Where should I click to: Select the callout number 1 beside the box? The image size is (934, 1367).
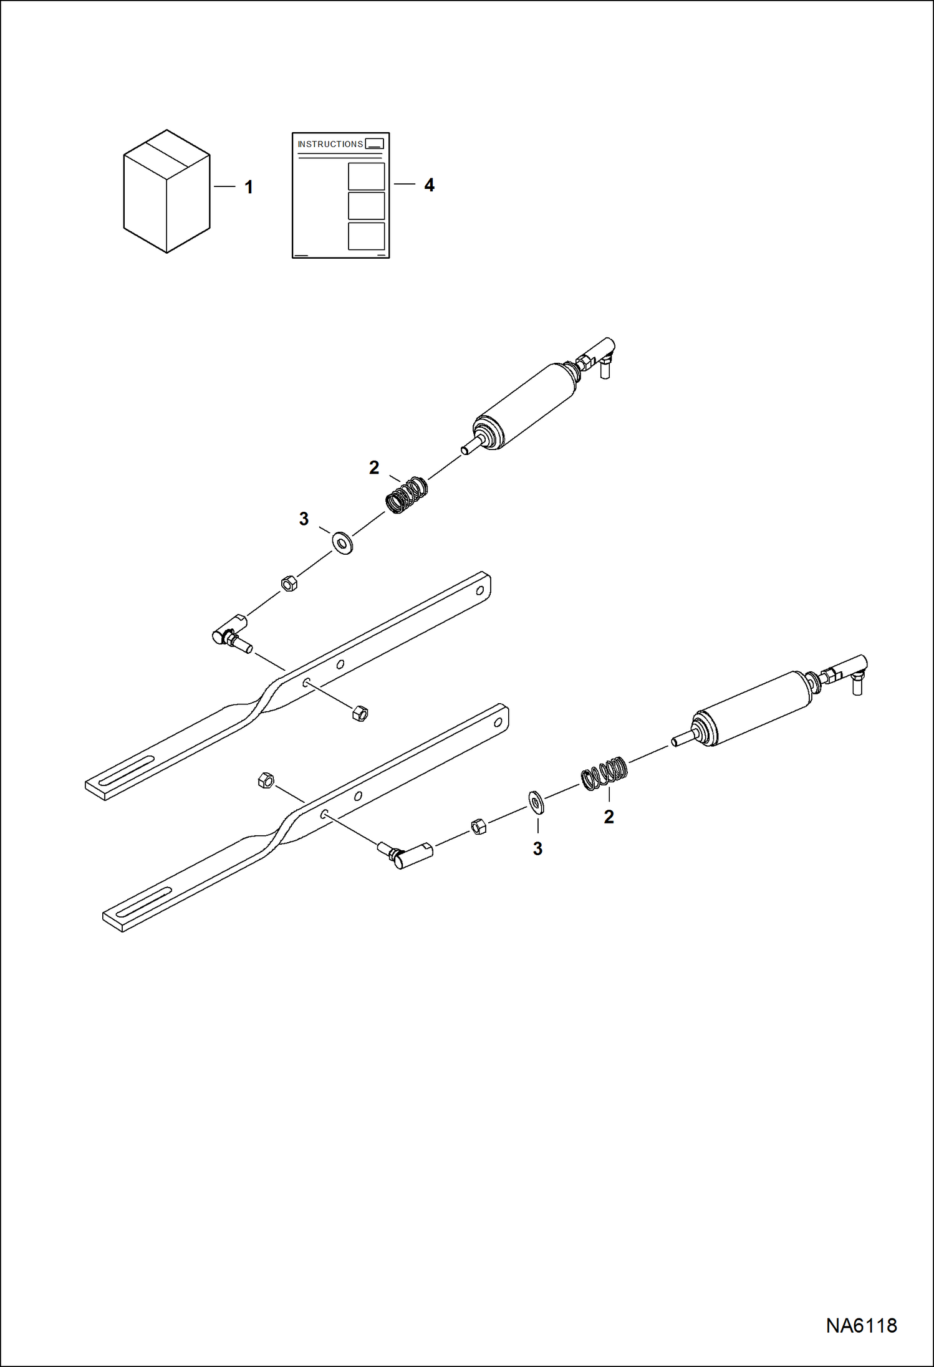point(249,187)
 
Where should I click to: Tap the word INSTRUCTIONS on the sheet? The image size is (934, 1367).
point(330,144)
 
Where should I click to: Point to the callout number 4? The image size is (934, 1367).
point(429,185)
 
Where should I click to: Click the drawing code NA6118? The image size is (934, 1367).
point(861,1325)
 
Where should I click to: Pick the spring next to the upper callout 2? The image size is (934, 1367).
point(407,495)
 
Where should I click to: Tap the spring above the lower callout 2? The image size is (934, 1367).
point(604,773)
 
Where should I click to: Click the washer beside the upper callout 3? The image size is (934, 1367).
point(342,543)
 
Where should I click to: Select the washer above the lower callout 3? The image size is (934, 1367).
point(536,803)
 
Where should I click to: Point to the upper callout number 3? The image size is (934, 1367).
point(304,519)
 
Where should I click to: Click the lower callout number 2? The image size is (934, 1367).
point(609,817)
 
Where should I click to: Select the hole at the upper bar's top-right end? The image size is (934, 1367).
point(481,591)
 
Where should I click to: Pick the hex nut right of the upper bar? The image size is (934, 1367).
point(360,713)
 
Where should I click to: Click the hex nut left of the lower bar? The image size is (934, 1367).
point(266,780)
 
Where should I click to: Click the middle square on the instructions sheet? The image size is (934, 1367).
point(366,206)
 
